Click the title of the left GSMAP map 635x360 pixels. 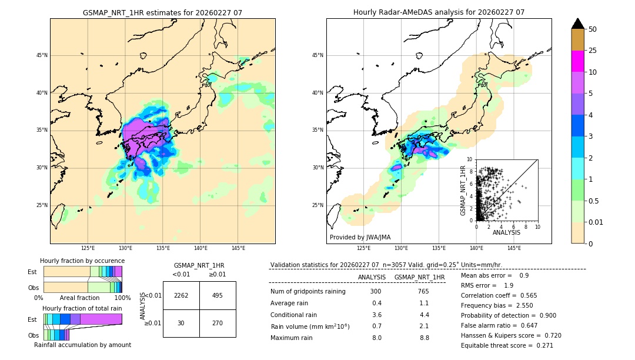point(162,12)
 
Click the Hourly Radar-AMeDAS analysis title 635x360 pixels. point(439,12)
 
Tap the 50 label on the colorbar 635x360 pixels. point(593,29)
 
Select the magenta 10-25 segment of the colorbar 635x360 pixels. point(577,61)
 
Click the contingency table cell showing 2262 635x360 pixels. point(181,296)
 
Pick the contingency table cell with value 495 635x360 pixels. point(218,296)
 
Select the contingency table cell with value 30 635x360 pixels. point(181,323)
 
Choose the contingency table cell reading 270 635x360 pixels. point(218,323)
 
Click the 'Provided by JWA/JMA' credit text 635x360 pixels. point(360,238)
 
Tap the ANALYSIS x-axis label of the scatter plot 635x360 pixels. point(506,232)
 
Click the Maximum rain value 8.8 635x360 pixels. point(425,338)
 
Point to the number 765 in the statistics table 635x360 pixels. point(423,292)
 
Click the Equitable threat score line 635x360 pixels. point(507,345)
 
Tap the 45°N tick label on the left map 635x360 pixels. point(41,55)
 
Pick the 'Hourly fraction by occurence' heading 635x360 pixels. point(82,261)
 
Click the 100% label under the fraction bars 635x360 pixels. point(122,298)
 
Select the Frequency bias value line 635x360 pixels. point(496,306)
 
